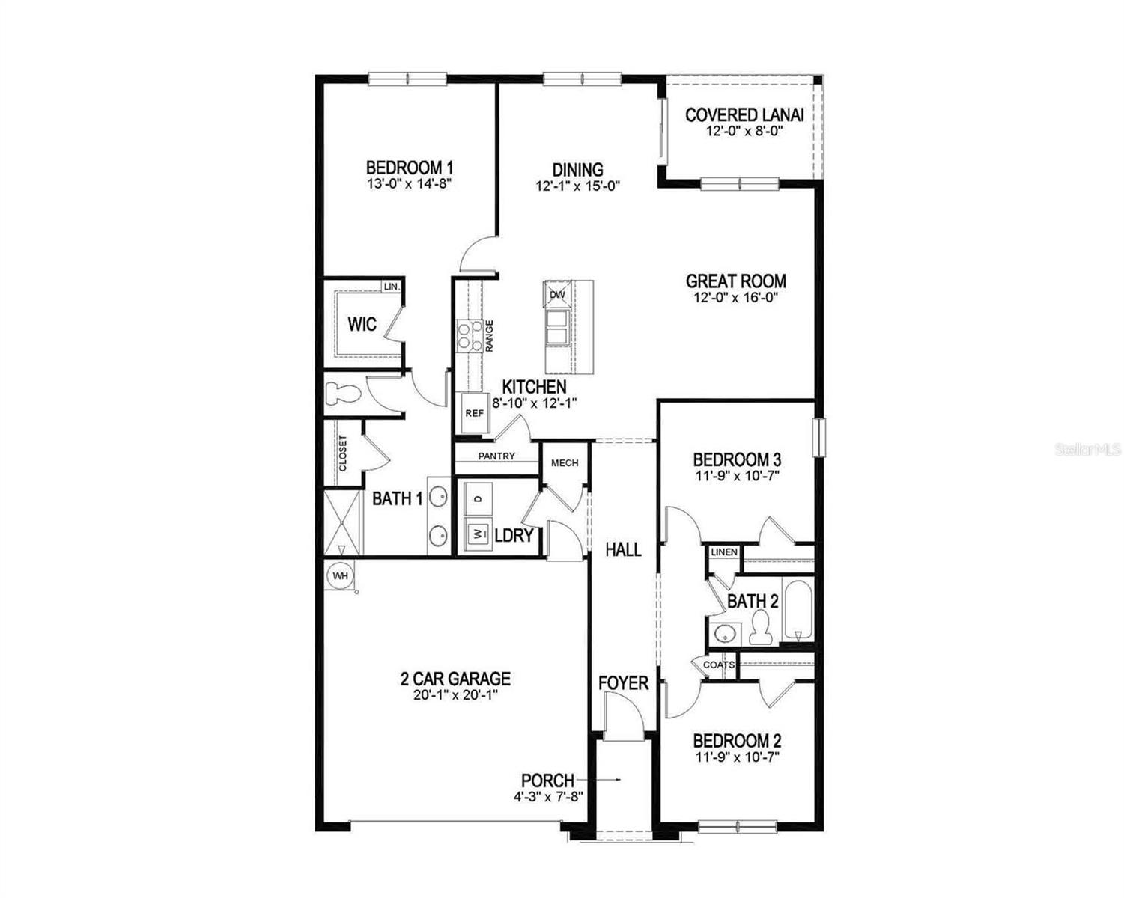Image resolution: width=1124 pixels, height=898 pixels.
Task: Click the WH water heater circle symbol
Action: click(340, 575)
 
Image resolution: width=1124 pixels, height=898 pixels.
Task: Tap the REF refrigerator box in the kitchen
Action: click(473, 413)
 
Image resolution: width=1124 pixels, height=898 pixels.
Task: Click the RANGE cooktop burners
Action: click(469, 335)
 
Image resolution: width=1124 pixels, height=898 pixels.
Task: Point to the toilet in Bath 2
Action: click(760, 627)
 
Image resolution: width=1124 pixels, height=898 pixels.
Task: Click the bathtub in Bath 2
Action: click(798, 610)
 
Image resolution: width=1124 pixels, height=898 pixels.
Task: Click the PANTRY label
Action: click(496, 456)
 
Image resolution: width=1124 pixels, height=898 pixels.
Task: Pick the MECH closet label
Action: click(565, 463)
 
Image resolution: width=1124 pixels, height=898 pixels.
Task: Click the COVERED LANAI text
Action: click(744, 114)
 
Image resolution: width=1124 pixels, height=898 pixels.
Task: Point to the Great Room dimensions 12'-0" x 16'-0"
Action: click(735, 298)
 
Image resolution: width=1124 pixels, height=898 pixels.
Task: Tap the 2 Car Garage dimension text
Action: click(455, 695)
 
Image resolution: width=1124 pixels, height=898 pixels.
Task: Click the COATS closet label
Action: click(719, 665)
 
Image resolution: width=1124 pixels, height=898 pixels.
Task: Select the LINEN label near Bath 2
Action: click(724, 552)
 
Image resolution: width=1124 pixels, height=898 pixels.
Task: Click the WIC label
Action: click(362, 325)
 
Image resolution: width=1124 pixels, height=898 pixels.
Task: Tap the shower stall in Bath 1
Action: click(342, 522)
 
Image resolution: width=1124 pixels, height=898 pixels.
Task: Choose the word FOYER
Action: click(623, 683)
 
